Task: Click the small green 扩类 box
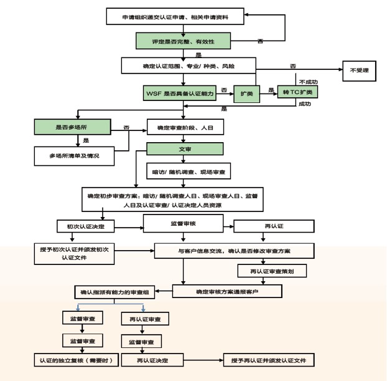pos(246,94)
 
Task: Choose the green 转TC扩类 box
pos(297,92)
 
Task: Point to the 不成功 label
pos(308,82)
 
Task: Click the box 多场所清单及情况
pos(74,155)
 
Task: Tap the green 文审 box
pos(185,149)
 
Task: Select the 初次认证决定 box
pos(81,226)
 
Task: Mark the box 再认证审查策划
pos(272,271)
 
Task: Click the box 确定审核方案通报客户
pos(227,291)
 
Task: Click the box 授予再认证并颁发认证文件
pos(269,360)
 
